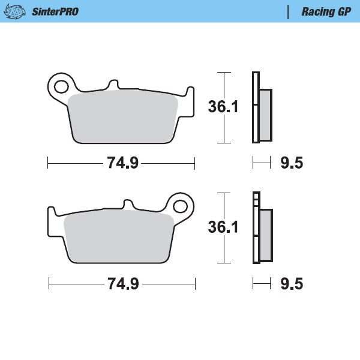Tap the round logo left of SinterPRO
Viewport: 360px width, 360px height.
click(x=19, y=11)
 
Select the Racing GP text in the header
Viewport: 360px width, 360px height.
click(x=326, y=11)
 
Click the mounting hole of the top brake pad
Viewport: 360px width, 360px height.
click(x=61, y=85)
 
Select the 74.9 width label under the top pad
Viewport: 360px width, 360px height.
click(x=122, y=163)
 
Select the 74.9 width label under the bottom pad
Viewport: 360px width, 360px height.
click(x=122, y=283)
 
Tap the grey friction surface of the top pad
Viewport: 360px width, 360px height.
click(x=122, y=118)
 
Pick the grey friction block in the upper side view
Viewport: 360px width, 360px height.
click(x=265, y=114)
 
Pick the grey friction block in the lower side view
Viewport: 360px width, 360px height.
click(x=265, y=234)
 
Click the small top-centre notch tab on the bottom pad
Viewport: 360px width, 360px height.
click(x=128, y=205)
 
